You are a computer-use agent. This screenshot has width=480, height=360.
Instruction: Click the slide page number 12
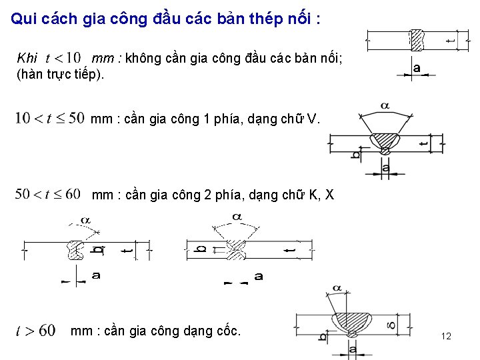(x=446, y=336)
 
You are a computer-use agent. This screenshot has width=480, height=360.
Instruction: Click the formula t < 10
(x=63, y=58)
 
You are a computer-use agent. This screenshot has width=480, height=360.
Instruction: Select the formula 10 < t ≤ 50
(x=49, y=119)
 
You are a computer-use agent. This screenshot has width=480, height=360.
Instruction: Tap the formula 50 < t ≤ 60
(x=47, y=195)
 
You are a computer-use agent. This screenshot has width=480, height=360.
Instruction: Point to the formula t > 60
(x=36, y=331)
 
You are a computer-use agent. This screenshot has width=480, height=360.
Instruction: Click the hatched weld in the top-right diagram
(x=417, y=40)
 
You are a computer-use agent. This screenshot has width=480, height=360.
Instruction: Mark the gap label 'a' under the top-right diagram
(x=417, y=68)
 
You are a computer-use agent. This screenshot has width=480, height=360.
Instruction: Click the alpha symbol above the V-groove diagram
(x=385, y=105)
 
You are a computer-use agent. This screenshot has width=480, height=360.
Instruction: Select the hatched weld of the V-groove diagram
(x=385, y=141)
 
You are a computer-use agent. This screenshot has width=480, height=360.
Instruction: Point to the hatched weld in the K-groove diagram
(x=74, y=249)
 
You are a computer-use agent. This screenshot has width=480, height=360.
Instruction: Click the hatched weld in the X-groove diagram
(x=235, y=249)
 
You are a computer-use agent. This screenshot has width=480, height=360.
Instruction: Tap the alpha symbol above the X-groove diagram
(x=236, y=217)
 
